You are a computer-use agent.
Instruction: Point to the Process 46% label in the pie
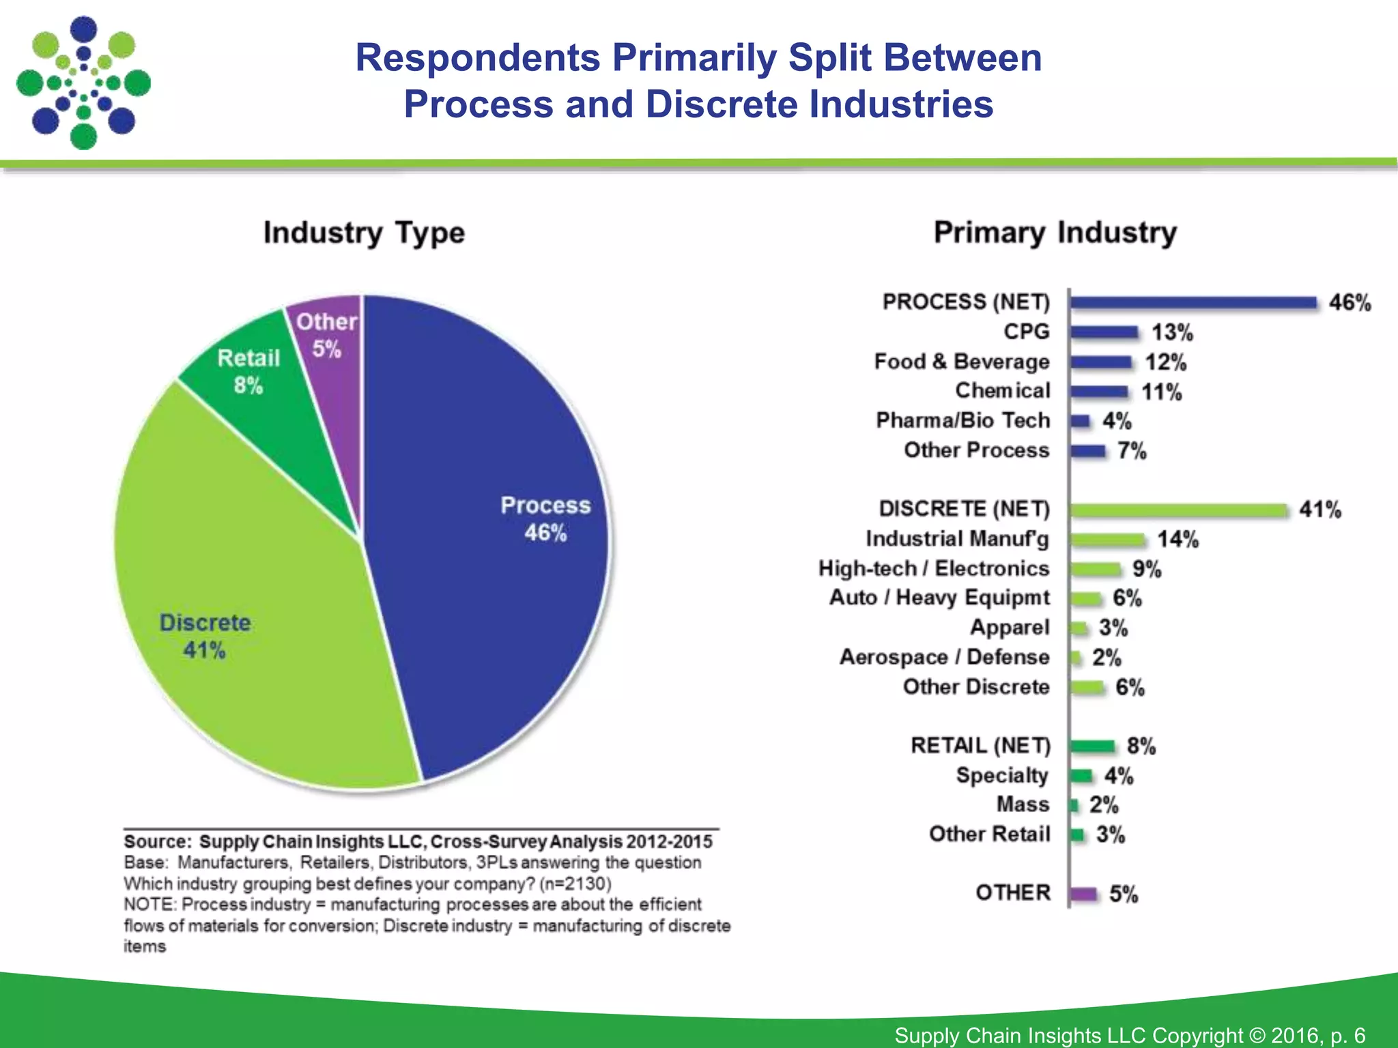[x=545, y=519]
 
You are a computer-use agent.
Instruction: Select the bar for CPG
[x=1104, y=333]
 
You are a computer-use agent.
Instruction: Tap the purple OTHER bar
[x=1083, y=894]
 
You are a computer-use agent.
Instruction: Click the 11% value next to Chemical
[x=1162, y=392]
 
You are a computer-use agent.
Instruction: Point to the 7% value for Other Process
[x=1132, y=451]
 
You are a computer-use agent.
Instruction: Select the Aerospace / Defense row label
[x=945, y=657]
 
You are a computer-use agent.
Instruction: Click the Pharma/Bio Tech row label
[x=962, y=420]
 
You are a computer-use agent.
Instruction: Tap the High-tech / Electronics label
[x=934, y=568]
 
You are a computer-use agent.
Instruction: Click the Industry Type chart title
[x=364, y=233]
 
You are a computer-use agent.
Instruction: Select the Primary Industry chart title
[x=1055, y=233]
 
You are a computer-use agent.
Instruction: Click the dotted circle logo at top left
[x=83, y=83]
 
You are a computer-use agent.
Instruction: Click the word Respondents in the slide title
[x=478, y=57]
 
